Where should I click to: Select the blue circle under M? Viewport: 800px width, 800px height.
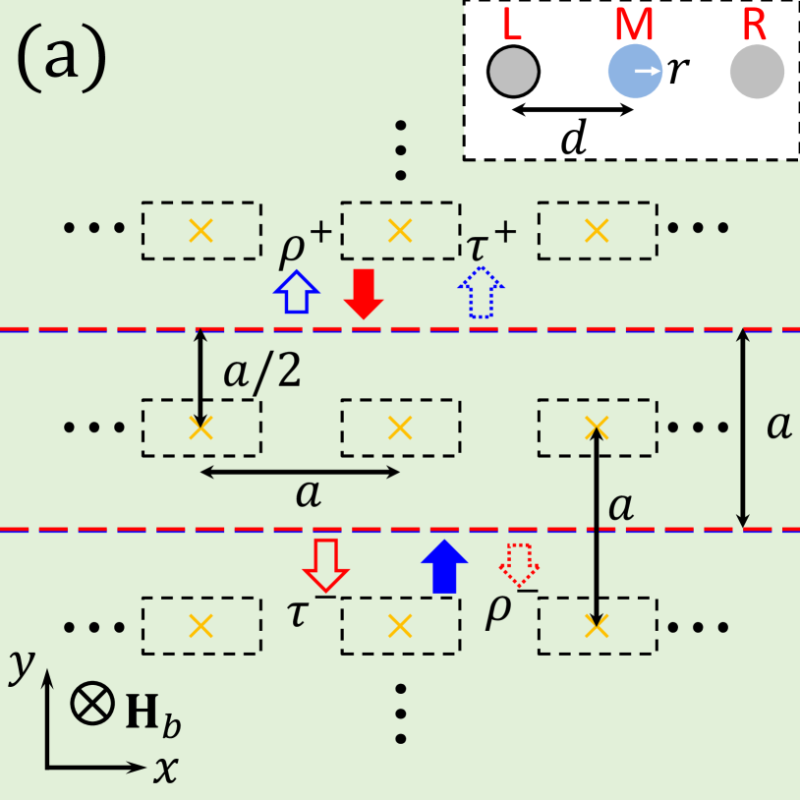tap(634, 71)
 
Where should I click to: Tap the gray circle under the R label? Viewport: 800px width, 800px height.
tap(757, 71)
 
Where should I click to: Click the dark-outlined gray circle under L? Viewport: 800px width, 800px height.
tap(512, 72)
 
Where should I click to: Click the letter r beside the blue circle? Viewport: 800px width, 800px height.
tap(674, 71)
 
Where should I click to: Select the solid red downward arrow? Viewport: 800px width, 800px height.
tap(364, 293)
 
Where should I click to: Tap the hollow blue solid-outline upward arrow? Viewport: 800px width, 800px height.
tap(295, 293)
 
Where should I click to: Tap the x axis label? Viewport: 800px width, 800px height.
tap(164, 770)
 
